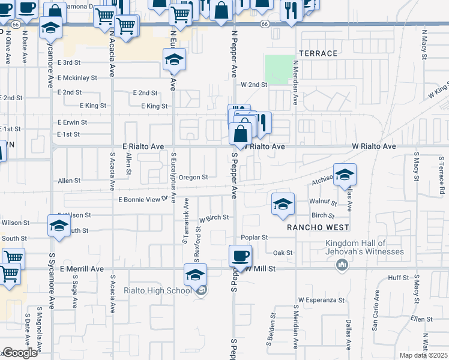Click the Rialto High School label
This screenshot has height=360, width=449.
(158, 291)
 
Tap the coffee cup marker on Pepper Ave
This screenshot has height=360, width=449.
(241, 256)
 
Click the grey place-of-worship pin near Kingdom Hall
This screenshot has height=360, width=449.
(342, 265)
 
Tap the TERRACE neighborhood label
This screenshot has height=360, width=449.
(318, 53)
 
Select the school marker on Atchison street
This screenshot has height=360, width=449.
(345, 175)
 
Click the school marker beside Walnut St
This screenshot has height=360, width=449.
(283, 204)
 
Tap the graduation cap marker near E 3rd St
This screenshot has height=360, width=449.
(174, 59)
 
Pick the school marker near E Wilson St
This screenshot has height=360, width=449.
(59, 226)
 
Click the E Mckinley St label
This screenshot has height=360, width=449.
(77, 77)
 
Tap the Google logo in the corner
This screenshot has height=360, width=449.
(20, 353)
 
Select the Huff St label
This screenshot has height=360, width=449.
(398, 278)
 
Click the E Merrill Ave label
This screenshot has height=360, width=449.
(82, 269)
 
